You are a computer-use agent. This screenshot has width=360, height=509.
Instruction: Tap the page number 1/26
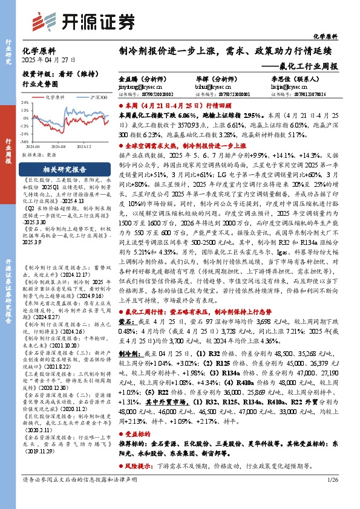click(333, 496)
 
